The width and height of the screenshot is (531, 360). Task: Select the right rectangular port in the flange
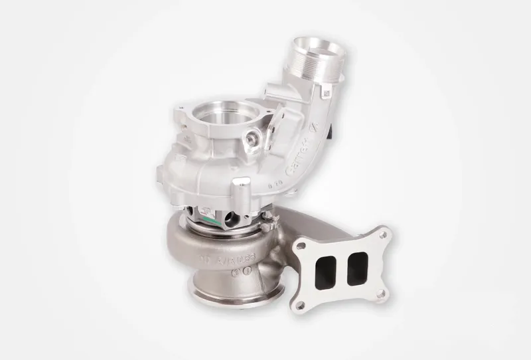pos(358,262)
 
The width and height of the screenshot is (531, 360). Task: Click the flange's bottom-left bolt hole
pos(300,304)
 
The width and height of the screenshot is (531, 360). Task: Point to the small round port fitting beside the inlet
pos(252,139)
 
